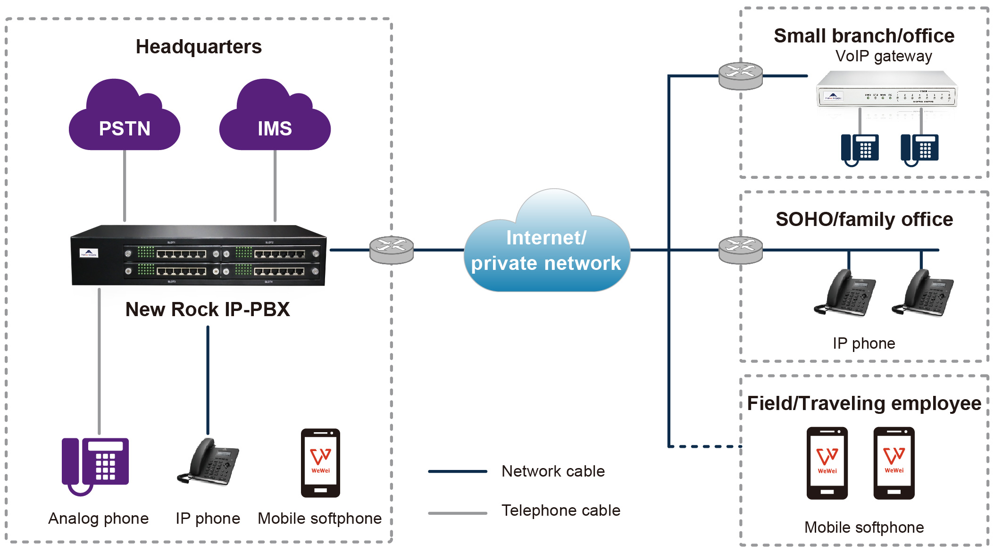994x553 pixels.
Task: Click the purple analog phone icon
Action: click(x=95, y=465)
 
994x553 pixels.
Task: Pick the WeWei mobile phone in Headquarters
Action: click(x=320, y=463)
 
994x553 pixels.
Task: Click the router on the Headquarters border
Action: click(x=392, y=250)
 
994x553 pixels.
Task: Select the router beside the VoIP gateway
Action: click(x=740, y=75)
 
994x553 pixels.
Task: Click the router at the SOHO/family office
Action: click(x=740, y=250)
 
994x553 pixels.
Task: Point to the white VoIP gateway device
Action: click(x=886, y=90)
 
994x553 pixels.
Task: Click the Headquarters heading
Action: click(x=199, y=47)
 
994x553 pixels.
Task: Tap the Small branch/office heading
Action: click(x=864, y=36)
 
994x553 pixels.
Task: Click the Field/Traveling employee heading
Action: click(x=864, y=403)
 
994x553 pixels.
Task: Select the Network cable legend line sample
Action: click(x=457, y=471)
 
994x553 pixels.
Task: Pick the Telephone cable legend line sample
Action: click(x=457, y=513)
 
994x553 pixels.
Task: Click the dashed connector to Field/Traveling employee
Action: click(x=705, y=446)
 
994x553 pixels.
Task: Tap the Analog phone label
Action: click(x=98, y=518)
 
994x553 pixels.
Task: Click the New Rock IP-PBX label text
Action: click(x=208, y=310)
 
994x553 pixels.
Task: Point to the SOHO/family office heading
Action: click(x=864, y=219)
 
